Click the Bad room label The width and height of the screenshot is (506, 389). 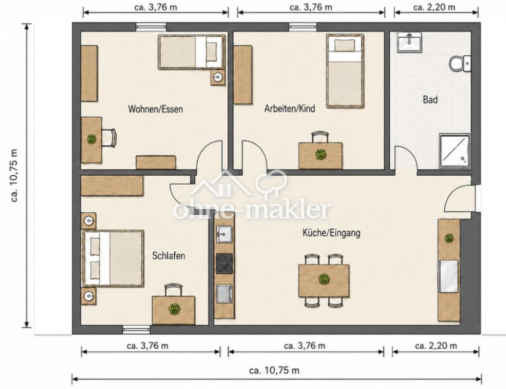click(430, 99)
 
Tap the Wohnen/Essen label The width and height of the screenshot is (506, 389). click(156, 109)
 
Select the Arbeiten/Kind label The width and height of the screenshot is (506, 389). click(290, 108)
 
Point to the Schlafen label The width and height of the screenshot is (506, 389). click(169, 256)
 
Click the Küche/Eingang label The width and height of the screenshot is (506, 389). click(331, 233)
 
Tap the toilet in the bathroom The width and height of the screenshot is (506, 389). click(460, 64)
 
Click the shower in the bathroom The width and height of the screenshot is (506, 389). click(454, 151)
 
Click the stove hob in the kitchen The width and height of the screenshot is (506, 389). click(224, 263)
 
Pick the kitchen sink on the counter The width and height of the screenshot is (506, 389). click(224, 233)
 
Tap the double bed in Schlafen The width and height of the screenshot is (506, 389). click(113, 258)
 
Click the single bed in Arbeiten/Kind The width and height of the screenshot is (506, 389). click(345, 71)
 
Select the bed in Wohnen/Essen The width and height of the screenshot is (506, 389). click(191, 52)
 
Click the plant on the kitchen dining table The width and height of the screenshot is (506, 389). click(324, 279)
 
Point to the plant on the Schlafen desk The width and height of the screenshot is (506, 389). click(174, 309)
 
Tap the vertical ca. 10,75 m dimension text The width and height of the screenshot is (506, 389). click(15, 176)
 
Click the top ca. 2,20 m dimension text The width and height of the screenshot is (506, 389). click(434, 7)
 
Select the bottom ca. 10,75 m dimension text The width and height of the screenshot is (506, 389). click(274, 370)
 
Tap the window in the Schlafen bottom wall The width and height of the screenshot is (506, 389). click(136, 329)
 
